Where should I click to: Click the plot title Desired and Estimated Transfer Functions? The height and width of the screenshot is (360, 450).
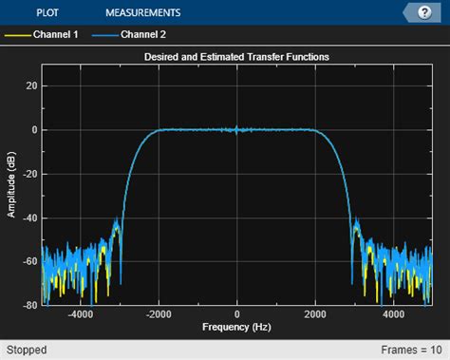pos(236,57)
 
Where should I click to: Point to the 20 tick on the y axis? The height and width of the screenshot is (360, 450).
pos(30,85)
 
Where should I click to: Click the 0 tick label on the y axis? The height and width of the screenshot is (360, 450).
pos(33,129)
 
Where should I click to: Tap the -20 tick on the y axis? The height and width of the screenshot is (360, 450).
pos(29,174)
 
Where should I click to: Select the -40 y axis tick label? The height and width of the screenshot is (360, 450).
pos(29,218)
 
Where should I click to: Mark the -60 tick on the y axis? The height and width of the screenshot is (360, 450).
pos(29,261)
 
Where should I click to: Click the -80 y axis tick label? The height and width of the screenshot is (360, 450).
pos(29,305)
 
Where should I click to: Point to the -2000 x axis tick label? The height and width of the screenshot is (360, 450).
pos(159,314)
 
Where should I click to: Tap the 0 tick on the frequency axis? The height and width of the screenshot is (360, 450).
pos(237,314)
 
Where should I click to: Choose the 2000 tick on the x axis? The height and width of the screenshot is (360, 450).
pos(316,314)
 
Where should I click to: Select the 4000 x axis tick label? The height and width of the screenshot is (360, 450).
pos(395,314)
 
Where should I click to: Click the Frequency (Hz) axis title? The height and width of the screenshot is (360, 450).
pos(236,327)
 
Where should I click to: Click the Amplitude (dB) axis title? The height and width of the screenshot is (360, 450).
pos(12,185)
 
